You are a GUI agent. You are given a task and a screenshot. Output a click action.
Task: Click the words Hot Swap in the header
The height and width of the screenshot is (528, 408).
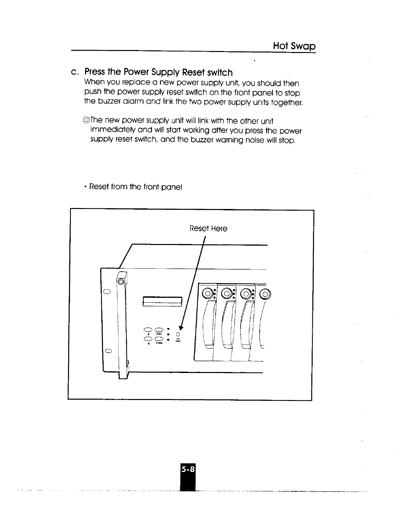(294, 46)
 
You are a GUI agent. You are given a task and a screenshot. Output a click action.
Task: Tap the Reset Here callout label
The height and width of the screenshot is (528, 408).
(208, 229)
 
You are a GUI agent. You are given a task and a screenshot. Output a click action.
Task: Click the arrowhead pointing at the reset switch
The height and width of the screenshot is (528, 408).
(182, 328)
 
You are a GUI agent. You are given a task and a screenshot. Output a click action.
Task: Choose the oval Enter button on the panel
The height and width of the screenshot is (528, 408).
(159, 338)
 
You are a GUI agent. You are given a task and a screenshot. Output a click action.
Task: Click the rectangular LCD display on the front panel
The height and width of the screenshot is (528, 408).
(163, 301)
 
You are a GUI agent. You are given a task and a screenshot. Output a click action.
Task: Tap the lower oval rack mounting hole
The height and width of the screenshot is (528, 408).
(107, 351)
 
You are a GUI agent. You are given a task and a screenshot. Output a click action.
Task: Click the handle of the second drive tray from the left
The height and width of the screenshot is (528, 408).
(227, 323)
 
